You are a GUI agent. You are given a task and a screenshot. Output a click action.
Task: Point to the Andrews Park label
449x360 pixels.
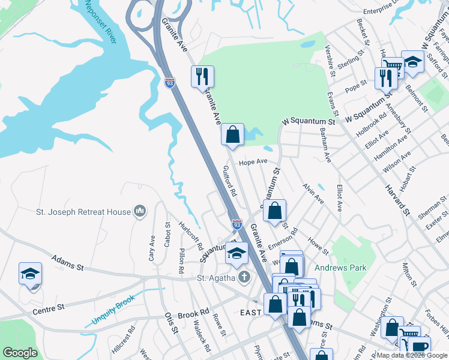(x=340, y=268)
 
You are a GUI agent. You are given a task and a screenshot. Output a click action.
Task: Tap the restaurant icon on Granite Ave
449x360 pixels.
(x=203, y=76)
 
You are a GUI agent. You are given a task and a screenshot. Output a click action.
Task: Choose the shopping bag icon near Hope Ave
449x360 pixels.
(x=232, y=134)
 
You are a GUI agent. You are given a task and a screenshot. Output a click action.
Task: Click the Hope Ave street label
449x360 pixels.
(x=253, y=162)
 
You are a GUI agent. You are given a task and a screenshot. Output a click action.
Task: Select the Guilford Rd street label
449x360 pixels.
(x=230, y=182)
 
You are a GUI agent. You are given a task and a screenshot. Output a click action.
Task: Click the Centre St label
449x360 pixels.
(x=49, y=308)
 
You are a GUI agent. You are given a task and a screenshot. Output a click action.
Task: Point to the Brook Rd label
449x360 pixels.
(x=193, y=313)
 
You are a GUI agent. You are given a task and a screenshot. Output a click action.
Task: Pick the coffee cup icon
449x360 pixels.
(x=420, y=346)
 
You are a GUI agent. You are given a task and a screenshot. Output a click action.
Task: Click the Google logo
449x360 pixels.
(x=20, y=353)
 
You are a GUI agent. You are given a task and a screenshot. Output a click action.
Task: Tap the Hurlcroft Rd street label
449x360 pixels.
(x=190, y=236)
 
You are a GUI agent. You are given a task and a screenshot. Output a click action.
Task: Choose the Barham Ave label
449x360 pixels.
(x=325, y=145)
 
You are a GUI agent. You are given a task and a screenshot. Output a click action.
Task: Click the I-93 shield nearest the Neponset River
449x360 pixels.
(x=170, y=82)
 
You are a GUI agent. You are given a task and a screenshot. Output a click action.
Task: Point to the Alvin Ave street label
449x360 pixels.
(x=313, y=194)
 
